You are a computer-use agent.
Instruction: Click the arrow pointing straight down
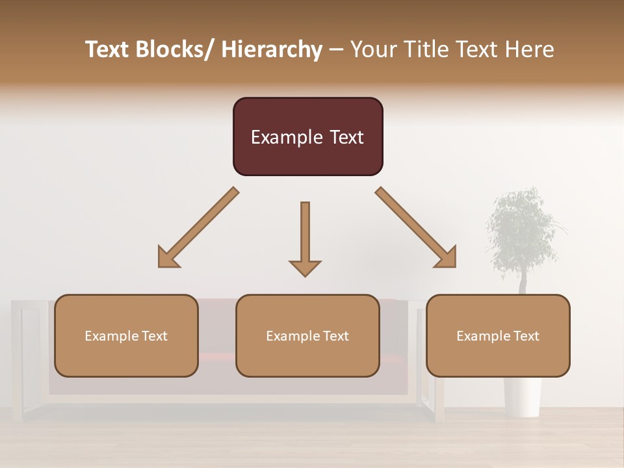[x=305, y=237]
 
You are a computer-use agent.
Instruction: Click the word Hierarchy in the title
[x=271, y=49]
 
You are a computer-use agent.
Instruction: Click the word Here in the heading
[x=527, y=49]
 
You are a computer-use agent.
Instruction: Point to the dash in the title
[x=335, y=49]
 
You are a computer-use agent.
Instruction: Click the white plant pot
[x=523, y=396]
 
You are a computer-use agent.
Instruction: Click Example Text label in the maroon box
[x=307, y=137]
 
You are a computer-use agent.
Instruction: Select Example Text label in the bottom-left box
[x=126, y=336]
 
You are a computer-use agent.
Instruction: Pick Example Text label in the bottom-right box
[x=498, y=336]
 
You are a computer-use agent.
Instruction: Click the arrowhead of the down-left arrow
[x=168, y=258]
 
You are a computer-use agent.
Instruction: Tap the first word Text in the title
[x=108, y=49]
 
